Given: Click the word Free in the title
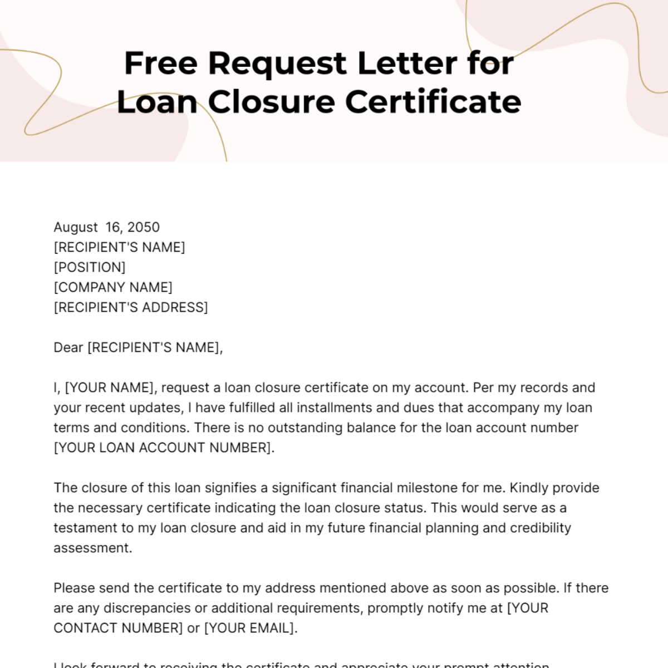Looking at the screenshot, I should pyautogui.click(x=160, y=63).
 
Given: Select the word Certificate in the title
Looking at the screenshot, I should pyautogui.click(x=433, y=102).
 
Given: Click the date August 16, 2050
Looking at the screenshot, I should pyautogui.click(x=106, y=227).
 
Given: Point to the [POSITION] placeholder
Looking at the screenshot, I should pyautogui.click(x=90, y=267).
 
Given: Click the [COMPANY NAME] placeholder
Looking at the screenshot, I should pyautogui.click(x=113, y=287).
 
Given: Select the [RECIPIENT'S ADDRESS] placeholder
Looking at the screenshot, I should pyautogui.click(x=131, y=307).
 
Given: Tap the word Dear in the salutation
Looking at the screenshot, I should pyautogui.click(x=68, y=347).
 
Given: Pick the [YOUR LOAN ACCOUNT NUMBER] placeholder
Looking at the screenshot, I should pyautogui.click(x=163, y=448).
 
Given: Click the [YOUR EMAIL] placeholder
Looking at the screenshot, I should pyautogui.click(x=249, y=628).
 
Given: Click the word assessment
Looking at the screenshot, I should pyautogui.click(x=92, y=548).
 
